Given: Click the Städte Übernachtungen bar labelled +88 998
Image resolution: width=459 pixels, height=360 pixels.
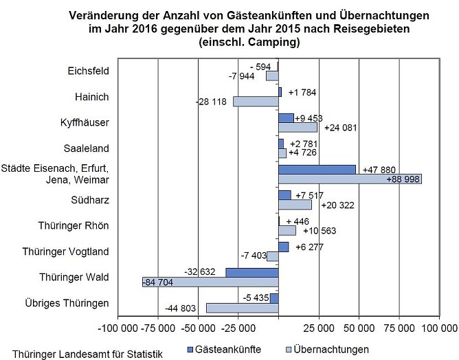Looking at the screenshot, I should pos(350,179).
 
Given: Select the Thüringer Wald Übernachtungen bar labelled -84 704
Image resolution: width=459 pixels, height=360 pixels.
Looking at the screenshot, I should pos(210,282).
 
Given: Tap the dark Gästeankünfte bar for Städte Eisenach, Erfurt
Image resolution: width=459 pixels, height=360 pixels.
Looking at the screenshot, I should pos(317,169).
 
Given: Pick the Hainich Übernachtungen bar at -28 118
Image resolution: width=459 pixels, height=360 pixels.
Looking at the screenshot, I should pos(256,102).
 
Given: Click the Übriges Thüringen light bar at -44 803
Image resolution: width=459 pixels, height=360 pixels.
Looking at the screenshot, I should pos(242,308).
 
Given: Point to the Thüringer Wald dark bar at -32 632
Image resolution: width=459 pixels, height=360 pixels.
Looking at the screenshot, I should pos(251,273).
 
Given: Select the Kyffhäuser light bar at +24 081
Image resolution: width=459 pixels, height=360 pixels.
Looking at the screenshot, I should pos(298,127).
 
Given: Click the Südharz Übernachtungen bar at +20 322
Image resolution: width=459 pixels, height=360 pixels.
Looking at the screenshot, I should pos(295,204).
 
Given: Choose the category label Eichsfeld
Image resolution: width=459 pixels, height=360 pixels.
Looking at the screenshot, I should pos(89,71).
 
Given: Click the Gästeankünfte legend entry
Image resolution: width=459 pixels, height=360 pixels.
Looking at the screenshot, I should pos(224,349).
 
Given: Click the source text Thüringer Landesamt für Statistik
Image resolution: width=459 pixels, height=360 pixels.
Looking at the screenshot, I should pos(82,354).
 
